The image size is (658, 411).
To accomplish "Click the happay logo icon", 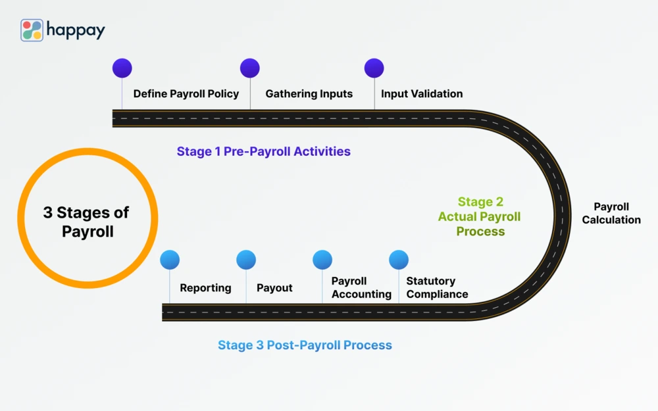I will coord(32,30).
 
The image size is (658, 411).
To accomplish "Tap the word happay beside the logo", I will coord(76,30).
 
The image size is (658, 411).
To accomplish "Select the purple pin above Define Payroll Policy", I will coord(122,68).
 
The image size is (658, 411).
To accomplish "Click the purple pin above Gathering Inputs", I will coord(250,68).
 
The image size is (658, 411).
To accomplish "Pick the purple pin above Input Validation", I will coord(374,68).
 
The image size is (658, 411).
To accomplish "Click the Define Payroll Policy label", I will coord(186,93).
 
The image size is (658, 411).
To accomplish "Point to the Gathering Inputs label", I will coord(309,93).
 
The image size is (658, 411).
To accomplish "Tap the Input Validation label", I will coord(422,93).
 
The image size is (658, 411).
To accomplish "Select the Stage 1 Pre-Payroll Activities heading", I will coord(263,151).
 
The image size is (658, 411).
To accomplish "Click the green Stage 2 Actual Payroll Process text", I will coord(480,216).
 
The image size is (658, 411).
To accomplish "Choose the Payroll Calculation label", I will coord(611,213).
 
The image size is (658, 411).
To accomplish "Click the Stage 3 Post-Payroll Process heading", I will coord(305,345).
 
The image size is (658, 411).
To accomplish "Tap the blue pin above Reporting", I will coord(170,260).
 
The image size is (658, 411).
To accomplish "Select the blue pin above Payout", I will coord(246,260).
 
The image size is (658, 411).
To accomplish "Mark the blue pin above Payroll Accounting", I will coord(322,260).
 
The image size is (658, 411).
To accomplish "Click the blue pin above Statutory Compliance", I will coord(399,260).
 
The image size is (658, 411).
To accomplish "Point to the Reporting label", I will coord(205,287).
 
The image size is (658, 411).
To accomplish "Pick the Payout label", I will coord(274,287).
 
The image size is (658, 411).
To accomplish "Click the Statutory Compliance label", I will coord(437,287).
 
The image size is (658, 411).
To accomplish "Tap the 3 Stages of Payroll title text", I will coord(87,222).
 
